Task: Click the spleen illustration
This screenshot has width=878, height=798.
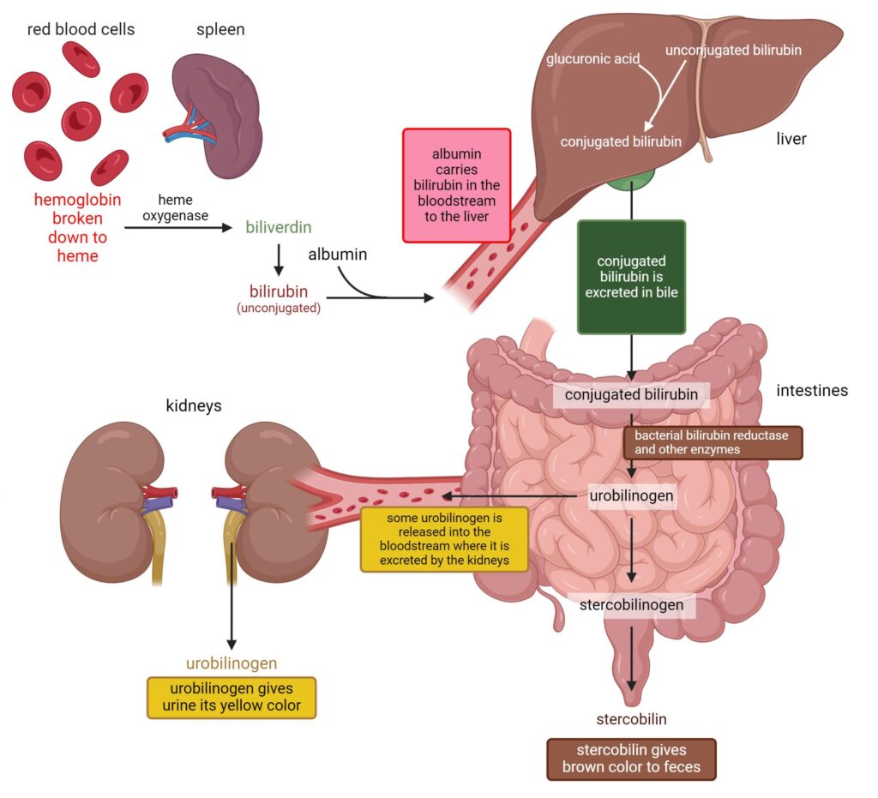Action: (x=219, y=111)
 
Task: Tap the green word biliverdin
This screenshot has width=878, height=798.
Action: (x=278, y=228)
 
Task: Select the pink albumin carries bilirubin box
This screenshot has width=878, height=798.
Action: (x=457, y=184)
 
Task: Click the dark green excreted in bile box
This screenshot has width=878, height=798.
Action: (x=631, y=276)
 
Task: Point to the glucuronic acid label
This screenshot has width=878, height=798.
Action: (x=591, y=60)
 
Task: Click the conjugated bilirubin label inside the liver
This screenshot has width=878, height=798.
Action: (x=621, y=141)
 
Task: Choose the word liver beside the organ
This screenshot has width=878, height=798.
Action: (x=791, y=138)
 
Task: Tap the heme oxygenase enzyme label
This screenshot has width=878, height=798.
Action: (x=175, y=207)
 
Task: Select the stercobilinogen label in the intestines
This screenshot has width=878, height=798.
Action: (x=630, y=604)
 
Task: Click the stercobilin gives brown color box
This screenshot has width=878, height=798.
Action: (x=631, y=759)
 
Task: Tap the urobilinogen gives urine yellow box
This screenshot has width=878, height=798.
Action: (x=232, y=697)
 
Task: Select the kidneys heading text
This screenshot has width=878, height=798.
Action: (x=194, y=405)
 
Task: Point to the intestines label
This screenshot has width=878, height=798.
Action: (x=811, y=391)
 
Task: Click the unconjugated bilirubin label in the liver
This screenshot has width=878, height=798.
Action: (x=733, y=50)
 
